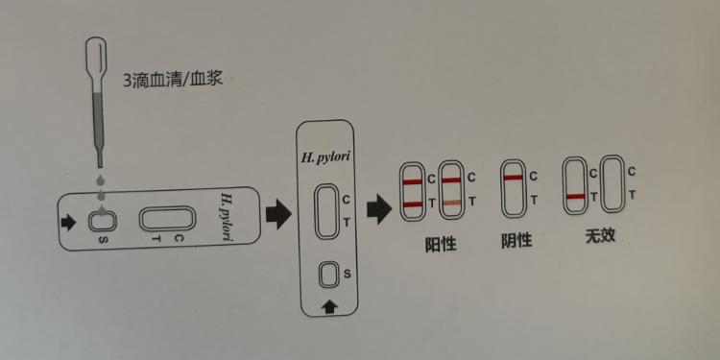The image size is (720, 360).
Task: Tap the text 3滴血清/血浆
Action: [x=173, y=81]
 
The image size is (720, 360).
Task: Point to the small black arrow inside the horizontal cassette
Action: [x=68, y=223]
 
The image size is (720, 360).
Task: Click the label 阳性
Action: [x=441, y=244]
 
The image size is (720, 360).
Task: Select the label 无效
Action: [x=601, y=235]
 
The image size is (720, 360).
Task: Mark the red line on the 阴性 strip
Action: [x=514, y=179]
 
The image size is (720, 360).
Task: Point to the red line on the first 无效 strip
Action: [x=577, y=197]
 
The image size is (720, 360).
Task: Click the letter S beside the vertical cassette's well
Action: [x=347, y=275]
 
